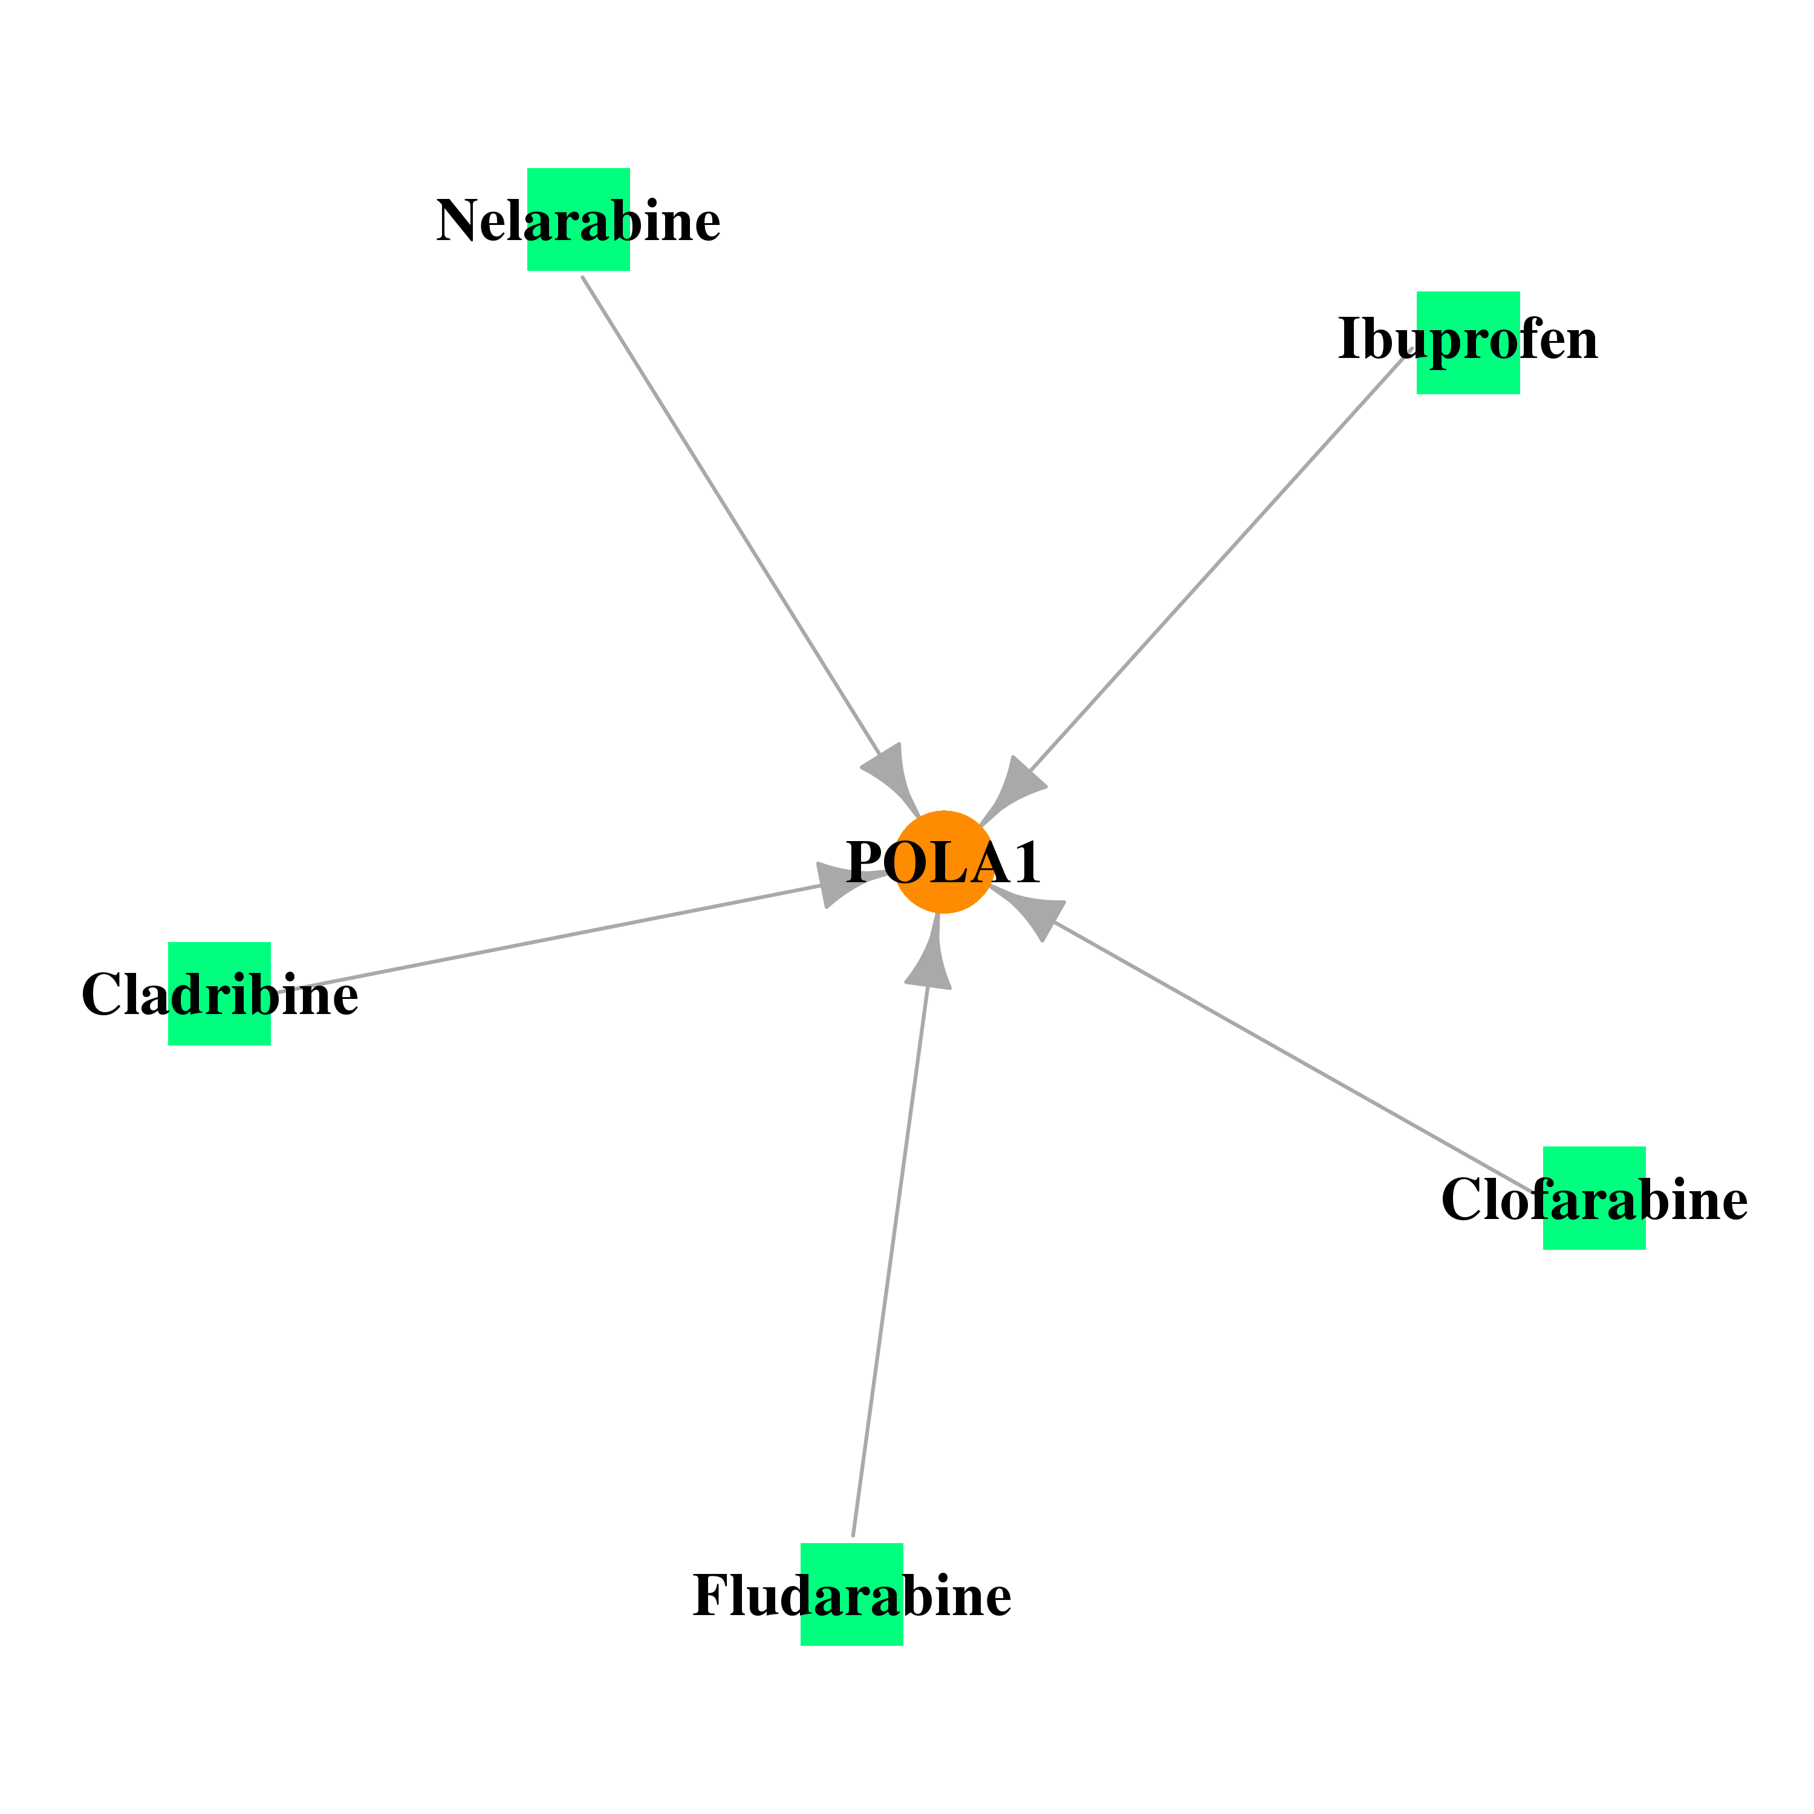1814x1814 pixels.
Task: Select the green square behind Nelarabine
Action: tap(579, 219)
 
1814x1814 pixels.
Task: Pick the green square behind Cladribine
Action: tap(219, 993)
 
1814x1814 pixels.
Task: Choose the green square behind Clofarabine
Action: tap(1595, 1198)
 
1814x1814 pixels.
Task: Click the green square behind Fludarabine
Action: tap(851, 1595)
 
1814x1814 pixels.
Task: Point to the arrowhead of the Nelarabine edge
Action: tap(892, 779)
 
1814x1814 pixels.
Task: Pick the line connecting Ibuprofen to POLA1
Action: tap(1221, 562)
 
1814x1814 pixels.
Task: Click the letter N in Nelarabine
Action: tap(457, 221)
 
